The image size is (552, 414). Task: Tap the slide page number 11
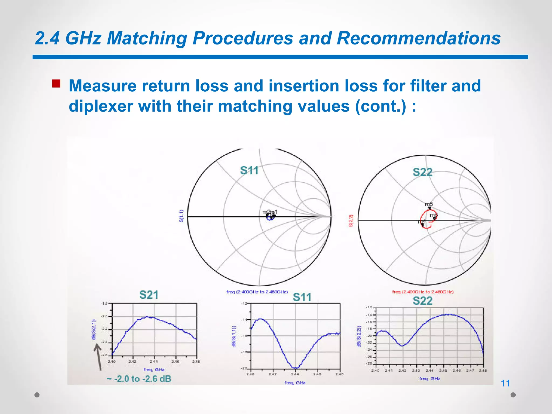505,383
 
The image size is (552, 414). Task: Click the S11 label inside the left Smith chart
249,171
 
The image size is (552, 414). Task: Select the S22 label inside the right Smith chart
422,172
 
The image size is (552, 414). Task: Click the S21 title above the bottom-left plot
149,295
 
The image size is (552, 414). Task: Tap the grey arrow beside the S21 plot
98,357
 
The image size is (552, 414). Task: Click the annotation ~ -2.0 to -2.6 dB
139,379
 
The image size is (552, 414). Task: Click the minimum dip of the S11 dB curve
295,368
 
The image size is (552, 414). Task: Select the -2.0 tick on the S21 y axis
104,316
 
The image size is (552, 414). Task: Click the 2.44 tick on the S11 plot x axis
295,374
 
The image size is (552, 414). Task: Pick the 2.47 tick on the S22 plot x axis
470,371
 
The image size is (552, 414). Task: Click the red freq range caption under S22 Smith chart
423,292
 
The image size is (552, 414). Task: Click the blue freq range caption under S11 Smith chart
257,292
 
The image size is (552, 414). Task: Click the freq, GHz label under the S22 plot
430,379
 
